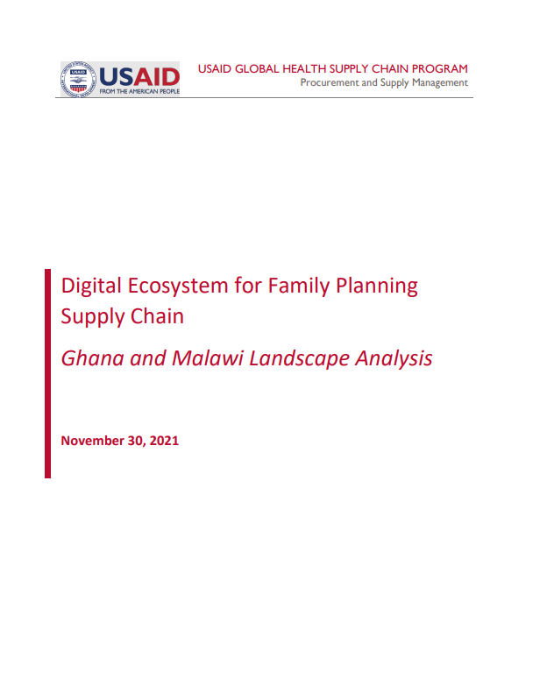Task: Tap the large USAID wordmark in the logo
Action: (139, 76)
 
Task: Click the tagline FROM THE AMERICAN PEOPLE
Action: (139, 91)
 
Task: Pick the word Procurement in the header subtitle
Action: (329, 82)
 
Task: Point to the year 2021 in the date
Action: (164, 441)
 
